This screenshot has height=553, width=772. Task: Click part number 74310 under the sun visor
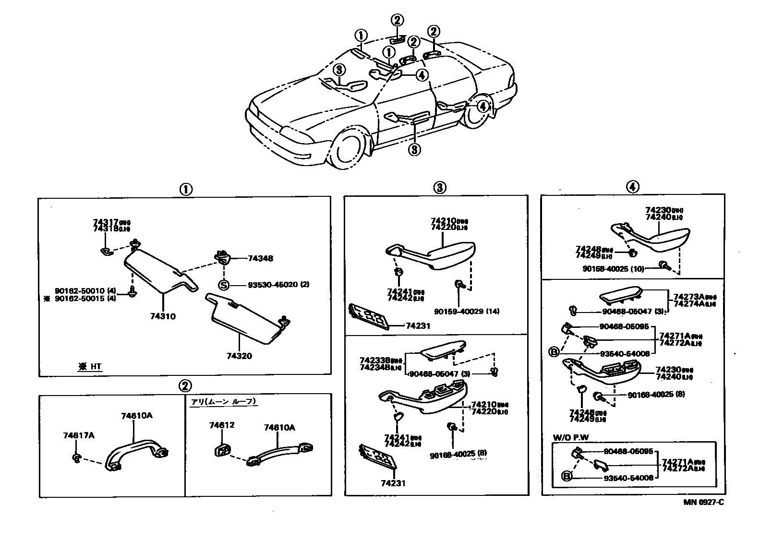coord(163,316)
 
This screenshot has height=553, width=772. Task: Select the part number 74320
coord(239,356)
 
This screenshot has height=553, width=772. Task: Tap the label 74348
coord(260,258)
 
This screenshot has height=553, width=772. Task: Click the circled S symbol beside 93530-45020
coord(224,285)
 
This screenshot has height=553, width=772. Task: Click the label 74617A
coord(78,435)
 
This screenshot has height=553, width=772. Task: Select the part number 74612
coord(221,425)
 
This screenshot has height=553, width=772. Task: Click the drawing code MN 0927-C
coord(703,503)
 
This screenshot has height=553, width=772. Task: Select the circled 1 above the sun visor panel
coord(185,189)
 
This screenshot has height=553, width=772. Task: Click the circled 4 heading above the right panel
coord(632,187)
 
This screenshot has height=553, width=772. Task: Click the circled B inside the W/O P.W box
coord(567,477)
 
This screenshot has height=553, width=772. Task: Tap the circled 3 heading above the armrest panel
coord(439,188)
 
